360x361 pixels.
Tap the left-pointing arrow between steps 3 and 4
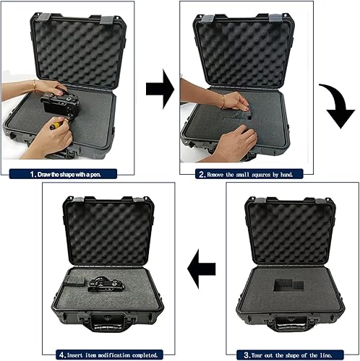pos(199,273)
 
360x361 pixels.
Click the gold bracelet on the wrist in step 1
pos(34,84)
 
